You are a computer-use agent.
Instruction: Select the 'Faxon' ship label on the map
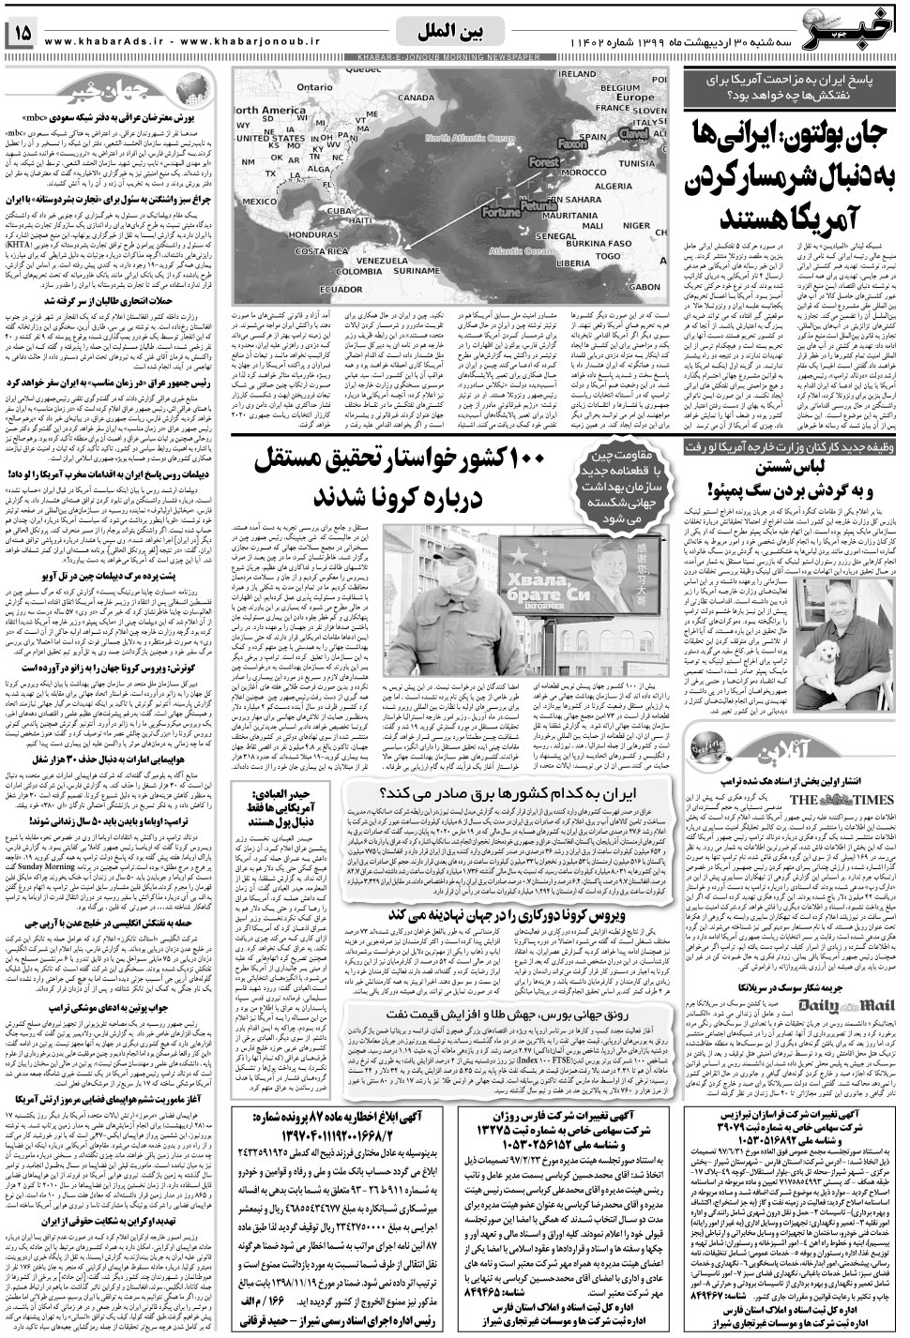(x=572, y=144)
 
